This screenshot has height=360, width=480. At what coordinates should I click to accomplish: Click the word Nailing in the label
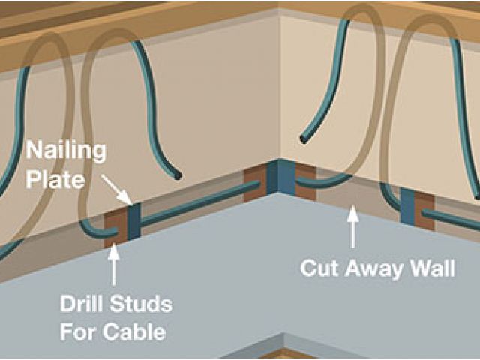pyautogui.click(x=65, y=149)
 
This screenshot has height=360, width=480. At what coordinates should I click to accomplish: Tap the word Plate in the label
pyautogui.click(x=52, y=179)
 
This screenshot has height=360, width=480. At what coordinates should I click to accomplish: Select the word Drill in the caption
pyautogui.click(x=82, y=304)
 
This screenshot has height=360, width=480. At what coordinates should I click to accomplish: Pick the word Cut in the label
pyautogui.click(x=320, y=268)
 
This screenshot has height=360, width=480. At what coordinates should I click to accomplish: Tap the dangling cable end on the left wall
pyautogui.click(x=177, y=176)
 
